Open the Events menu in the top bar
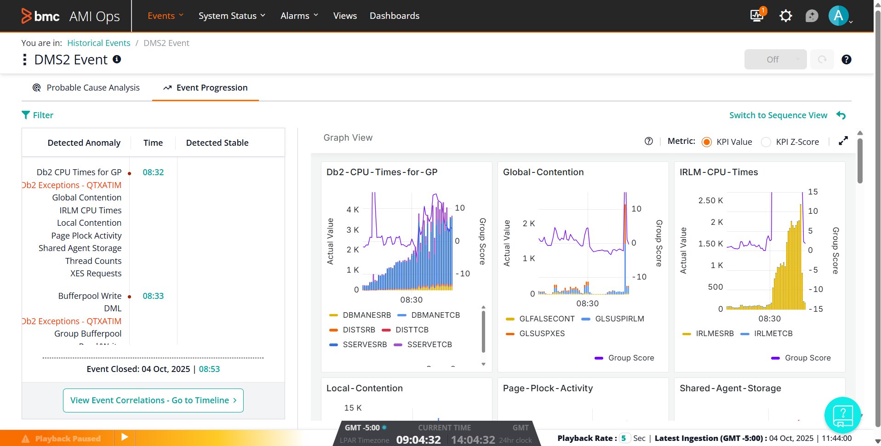pos(165,16)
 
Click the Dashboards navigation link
pos(394,16)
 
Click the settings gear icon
pos(785,16)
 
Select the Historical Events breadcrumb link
pos(98,43)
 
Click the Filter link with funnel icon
pos(38,115)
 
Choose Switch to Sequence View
pos(778,115)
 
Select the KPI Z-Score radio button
pos(766,142)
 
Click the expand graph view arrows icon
pos(843,141)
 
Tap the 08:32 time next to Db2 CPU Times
pos(153,172)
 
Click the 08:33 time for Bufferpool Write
pos(153,296)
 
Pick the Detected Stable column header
pos(217,143)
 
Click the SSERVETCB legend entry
pos(429,344)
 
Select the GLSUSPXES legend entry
pos(542,333)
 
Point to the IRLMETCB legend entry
pos(773,333)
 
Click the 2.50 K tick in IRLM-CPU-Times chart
pos(710,200)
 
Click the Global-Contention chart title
pos(543,172)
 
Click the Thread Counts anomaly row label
pos(93,261)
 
